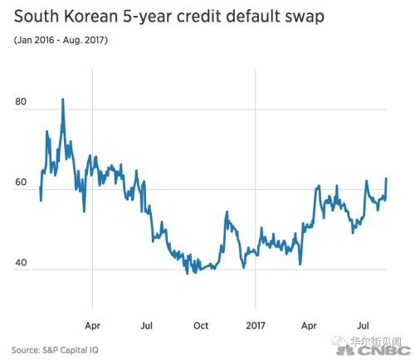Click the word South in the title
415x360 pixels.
[x=37, y=17]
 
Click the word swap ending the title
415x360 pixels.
[x=304, y=18]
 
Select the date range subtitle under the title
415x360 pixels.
[x=61, y=40]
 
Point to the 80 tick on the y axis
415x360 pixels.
[x=21, y=102]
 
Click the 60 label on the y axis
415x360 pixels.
[x=21, y=182]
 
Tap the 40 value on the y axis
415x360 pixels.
[x=21, y=262]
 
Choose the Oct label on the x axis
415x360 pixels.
[x=201, y=326]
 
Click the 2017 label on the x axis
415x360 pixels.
[x=256, y=326]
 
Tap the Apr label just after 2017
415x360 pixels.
[x=309, y=326]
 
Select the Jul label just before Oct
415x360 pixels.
[x=146, y=326]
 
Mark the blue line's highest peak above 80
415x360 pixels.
[x=63, y=100]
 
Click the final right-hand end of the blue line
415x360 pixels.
[x=386, y=178]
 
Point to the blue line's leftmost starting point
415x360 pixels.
[x=40, y=187]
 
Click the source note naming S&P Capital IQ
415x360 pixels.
[x=55, y=350]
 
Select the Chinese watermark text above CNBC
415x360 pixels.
[x=375, y=342]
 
